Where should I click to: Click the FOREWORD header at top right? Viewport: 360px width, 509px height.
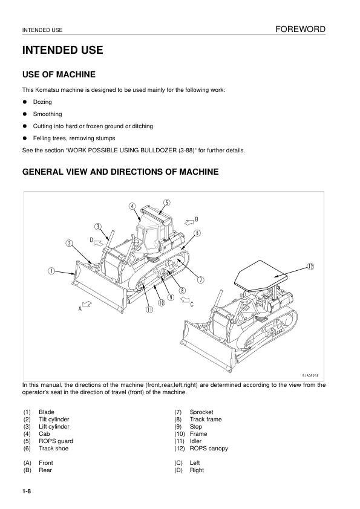[x=300, y=29]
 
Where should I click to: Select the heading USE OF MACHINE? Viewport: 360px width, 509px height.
[x=59, y=75]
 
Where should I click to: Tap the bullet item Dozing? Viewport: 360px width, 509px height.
[x=42, y=102]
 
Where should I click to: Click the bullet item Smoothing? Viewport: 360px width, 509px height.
[x=47, y=114]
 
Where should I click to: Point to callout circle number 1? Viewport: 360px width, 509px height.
[x=52, y=271]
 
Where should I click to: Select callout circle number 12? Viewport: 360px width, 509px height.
[x=310, y=266]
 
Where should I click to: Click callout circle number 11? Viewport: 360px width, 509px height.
[x=149, y=310]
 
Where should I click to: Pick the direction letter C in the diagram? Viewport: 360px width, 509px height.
[x=192, y=304]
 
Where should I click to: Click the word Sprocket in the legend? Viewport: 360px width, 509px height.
[x=201, y=412]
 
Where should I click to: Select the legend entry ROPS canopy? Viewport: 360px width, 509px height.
[x=209, y=449]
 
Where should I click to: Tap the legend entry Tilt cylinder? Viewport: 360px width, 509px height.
[x=54, y=420]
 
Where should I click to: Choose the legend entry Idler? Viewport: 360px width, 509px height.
[x=197, y=441]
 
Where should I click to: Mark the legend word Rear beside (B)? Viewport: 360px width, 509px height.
[x=45, y=470]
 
